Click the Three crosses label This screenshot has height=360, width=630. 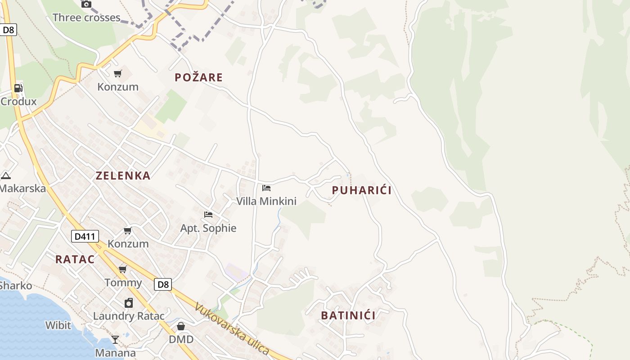pyautogui.click(x=86, y=18)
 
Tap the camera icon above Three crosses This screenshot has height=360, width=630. pyautogui.click(x=86, y=4)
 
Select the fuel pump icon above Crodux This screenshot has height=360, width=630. pyautogui.click(x=18, y=88)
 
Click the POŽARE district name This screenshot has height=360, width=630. pyautogui.click(x=199, y=77)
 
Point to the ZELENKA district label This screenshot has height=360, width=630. pyautogui.click(x=123, y=175)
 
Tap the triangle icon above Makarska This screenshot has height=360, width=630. pyautogui.click(x=5, y=175)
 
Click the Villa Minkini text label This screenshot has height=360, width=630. pyautogui.click(x=266, y=201)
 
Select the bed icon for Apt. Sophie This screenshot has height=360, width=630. pyautogui.click(x=208, y=215)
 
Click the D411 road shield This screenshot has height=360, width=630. pyautogui.click(x=85, y=236)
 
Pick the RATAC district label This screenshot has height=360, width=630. pyautogui.click(x=75, y=259)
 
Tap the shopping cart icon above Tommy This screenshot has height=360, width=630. pyautogui.click(x=122, y=270)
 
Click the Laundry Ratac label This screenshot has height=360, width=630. pyautogui.click(x=129, y=316)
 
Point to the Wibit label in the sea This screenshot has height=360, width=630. pyautogui.click(x=58, y=325)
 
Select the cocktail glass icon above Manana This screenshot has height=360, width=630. pyautogui.click(x=115, y=340)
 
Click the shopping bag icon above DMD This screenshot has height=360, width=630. pyautogui.click(x=181, y=326)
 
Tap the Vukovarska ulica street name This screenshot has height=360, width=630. pyautogui.click(x=232, y=329)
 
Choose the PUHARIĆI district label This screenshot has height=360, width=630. pyautogui.click(x=361, y=190)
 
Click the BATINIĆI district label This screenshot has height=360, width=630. pyautogui.click(x=348, y=315)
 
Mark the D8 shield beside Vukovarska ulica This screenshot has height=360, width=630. pyautogui.click(x=163, y=284)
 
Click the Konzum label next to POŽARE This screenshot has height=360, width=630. pyautogui.click(x=118, y=87)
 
